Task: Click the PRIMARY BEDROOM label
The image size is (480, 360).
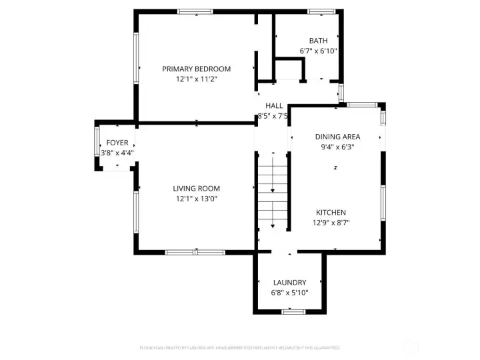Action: (x=197, y=69)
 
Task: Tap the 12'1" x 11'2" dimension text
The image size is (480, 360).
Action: (x=197, y=79)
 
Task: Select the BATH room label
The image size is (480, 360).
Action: (x=318, y=41)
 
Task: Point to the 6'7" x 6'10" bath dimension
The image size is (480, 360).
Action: (x=318, y=51)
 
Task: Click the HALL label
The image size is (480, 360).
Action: (x=274, y=105)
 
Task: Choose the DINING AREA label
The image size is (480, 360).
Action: (x=337, y=137)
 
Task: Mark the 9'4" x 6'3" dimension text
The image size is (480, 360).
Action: (x=337, y=147)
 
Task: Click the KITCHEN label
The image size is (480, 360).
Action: (x=331, y=213)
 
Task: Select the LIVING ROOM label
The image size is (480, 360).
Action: (x=197, y=189)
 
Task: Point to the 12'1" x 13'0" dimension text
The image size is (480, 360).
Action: (x=197, y=199)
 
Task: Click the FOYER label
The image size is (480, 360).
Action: (x=117, y=143)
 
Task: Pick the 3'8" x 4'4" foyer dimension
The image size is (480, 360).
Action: (x=117, y=153)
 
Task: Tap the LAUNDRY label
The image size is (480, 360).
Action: (x=289, y=283)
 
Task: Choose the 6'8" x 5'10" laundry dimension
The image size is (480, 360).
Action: (x=289, y=293)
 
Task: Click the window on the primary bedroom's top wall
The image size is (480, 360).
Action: (x=195, y=11)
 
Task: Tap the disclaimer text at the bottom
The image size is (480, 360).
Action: (x=240, y=347)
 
